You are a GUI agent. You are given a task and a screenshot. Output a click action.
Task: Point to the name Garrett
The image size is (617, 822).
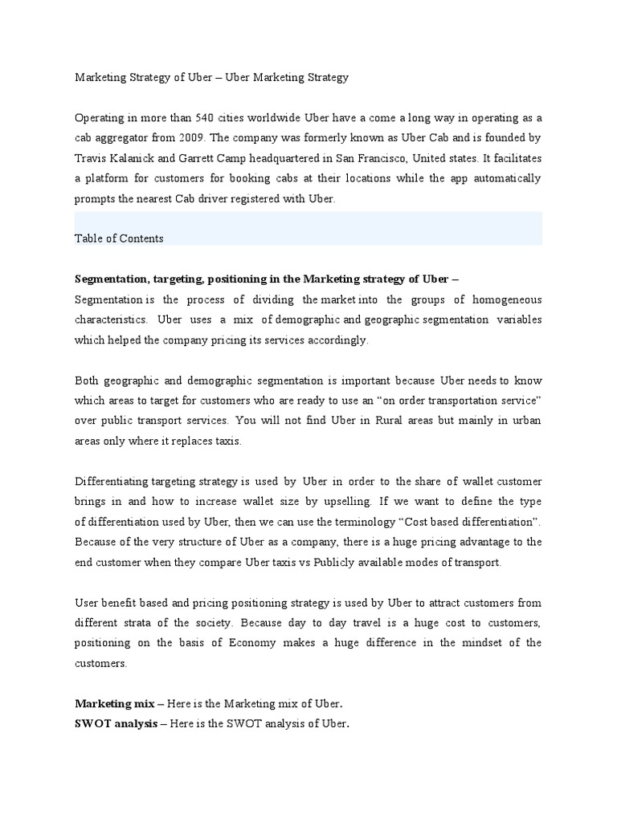tap(202, 158)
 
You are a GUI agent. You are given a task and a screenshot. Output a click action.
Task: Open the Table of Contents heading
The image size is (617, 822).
tap(119, 238)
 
